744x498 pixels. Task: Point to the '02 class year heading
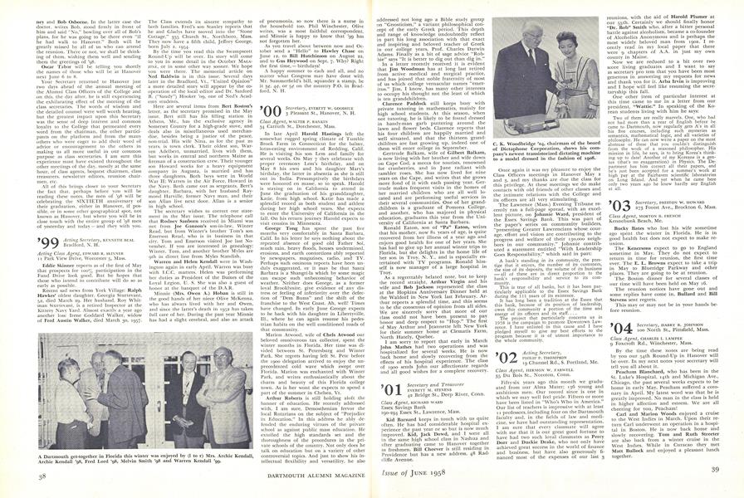[501, 356]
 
